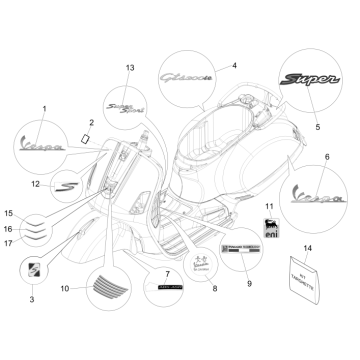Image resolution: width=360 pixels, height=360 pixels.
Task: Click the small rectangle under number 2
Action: point(88,136)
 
